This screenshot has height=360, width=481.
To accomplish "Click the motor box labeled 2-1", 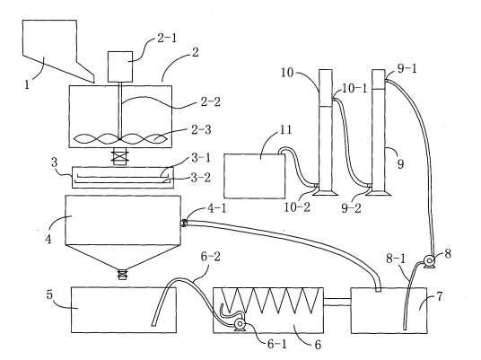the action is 120,66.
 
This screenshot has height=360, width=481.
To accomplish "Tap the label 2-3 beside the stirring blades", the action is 201,130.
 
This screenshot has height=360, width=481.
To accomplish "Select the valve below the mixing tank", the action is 120,156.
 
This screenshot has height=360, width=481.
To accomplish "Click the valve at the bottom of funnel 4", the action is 122,274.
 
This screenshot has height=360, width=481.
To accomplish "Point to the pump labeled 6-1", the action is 240,325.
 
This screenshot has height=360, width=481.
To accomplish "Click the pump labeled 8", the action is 429,262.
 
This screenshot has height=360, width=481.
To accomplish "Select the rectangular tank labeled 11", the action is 254,176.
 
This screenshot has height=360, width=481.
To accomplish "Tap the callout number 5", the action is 49,294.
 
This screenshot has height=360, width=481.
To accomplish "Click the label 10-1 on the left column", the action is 354,88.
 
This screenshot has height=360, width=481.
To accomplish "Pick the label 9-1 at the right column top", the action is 407,69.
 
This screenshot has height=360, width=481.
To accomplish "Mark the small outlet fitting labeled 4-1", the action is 184,224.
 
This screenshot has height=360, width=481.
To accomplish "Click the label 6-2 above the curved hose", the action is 210,257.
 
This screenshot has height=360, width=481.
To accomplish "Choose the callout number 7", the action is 440,296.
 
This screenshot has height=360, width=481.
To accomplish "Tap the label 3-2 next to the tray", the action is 201,178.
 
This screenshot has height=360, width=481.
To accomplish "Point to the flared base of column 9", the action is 378,193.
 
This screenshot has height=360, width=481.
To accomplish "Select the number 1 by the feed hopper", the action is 27,84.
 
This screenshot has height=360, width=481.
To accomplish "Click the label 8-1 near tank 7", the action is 396,259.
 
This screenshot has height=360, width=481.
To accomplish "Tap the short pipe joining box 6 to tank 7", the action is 337,302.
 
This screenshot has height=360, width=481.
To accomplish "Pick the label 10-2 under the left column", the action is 297,207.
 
